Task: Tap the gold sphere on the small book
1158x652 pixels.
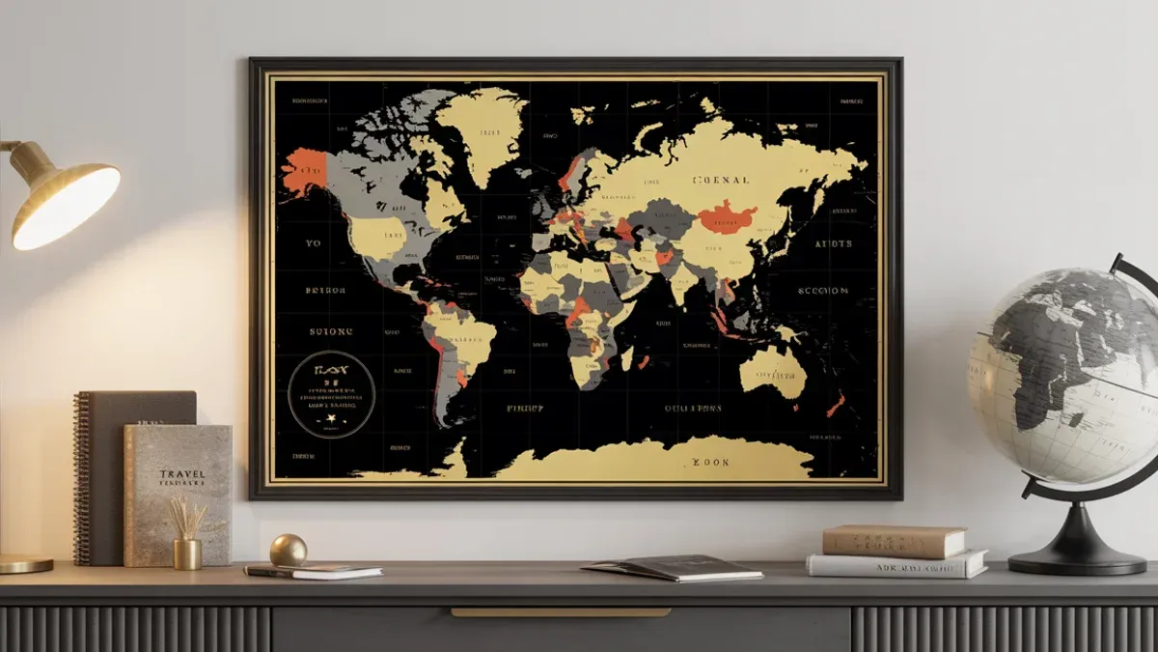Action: (288, 551)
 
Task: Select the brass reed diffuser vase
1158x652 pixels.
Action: (187, 553)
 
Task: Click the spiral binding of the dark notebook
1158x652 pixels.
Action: (81, 478)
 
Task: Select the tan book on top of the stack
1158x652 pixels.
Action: (894, 540)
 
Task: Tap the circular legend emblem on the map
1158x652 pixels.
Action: (331, 393)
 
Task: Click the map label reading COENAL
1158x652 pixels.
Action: (721, 180)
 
